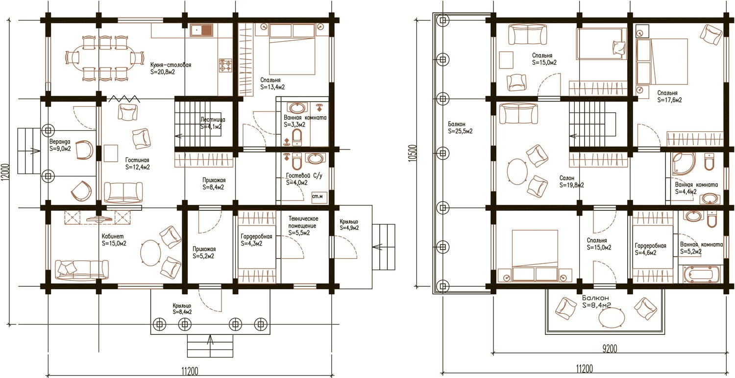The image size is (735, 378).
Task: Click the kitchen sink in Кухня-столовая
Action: point(201,30)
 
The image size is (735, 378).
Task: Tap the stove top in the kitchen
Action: point(225,65)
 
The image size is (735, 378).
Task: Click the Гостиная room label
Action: point(137,160)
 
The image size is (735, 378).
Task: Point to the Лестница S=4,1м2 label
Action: point(213,123)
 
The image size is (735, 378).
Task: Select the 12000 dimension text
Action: point(7,173)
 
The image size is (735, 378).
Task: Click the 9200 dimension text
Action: point(610,349)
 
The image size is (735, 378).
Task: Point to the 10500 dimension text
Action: point(413,153)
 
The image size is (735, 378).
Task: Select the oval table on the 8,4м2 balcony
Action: point(612,318)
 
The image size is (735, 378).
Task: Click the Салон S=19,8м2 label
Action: point(572,181)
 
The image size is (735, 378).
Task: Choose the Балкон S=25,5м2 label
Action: point(460,128)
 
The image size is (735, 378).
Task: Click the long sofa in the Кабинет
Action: point(81,270)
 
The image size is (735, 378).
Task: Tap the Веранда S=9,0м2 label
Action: point(60,145)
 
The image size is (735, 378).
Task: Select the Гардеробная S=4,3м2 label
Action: point(256,240)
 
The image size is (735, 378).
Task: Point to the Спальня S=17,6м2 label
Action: point(669,97)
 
